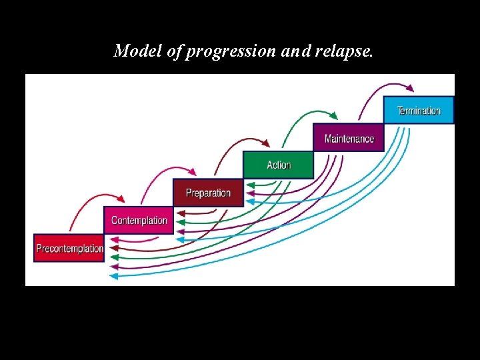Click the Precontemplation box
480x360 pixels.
[69, 248]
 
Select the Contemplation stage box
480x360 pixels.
[139, 220]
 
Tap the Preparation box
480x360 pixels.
[208, 193]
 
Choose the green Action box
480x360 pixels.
[278, 165]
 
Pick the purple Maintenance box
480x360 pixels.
[349, 138]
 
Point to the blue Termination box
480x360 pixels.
[419, 110]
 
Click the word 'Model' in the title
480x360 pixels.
[137, 51]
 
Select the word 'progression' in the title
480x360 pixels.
[231, 52]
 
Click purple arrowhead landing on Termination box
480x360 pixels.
[410, 88]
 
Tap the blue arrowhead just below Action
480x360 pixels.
[250, 200]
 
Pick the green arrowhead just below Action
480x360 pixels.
[250, 185]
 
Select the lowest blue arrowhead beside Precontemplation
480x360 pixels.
[113, 275]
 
